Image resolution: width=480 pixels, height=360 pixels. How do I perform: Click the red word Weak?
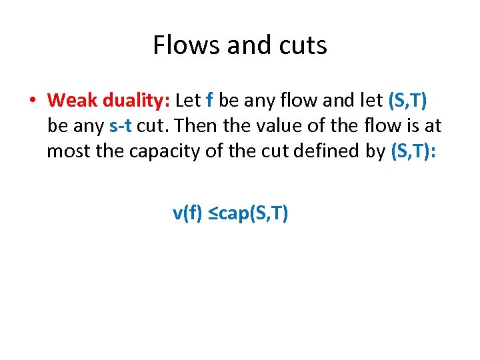pyautogui.click(x=72, y=100)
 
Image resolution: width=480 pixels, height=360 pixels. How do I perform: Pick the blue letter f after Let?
pyautogui.click(x=210, y=100)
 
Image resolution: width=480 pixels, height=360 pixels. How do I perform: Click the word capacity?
pyautogui.click(x=175, y=151)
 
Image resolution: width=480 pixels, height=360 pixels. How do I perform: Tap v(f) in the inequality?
pyautogui.click(x=187, y=213)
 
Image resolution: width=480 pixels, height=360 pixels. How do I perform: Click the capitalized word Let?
pyautogui.click(x=188, y=100)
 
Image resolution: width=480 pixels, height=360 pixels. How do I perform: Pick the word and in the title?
pyautogui.click(x=244, y=45)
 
